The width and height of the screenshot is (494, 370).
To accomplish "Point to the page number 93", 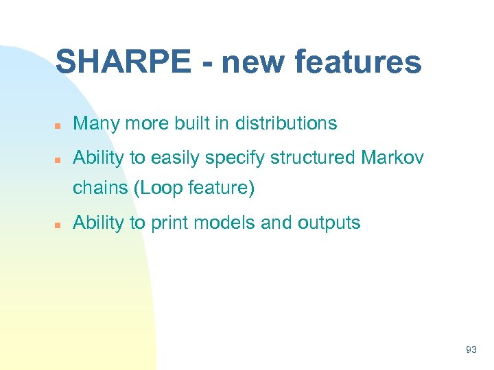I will click(x=471, y=349).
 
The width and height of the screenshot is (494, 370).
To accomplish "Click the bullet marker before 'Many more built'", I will click(x=60, y=125).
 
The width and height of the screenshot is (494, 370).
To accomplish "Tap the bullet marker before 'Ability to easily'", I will click(x=60, y=159).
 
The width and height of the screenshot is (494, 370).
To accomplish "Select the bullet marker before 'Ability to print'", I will click(x=60, y=223).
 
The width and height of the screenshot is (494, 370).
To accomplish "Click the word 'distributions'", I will click(x=286, y=123).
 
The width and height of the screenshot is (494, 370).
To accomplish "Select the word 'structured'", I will click(x=312, y=158).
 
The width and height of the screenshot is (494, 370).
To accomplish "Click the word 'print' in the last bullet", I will click(x=169, y=223).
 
